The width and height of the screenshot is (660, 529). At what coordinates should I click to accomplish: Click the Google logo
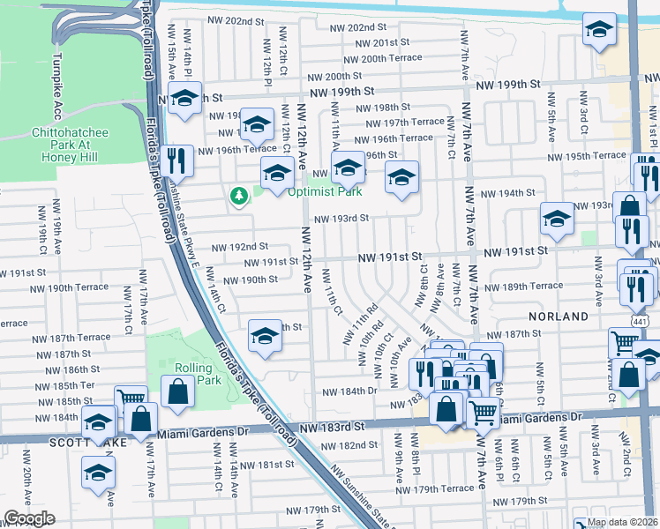[x=29, y=518]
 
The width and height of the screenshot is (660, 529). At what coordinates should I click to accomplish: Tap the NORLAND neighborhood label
[x=559, y=316]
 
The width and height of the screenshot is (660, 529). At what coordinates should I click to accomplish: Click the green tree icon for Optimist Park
[x=236, y=196]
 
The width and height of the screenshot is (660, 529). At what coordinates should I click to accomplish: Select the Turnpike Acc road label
[x=57, y=86]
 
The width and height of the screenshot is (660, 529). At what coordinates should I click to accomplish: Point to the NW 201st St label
[x=379, y=42]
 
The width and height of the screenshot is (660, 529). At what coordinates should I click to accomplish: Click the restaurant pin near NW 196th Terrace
[x=179, y=160]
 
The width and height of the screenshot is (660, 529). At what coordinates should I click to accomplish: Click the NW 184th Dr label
[x=350, y=391]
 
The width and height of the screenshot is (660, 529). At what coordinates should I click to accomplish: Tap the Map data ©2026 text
[x=623, y=522]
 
